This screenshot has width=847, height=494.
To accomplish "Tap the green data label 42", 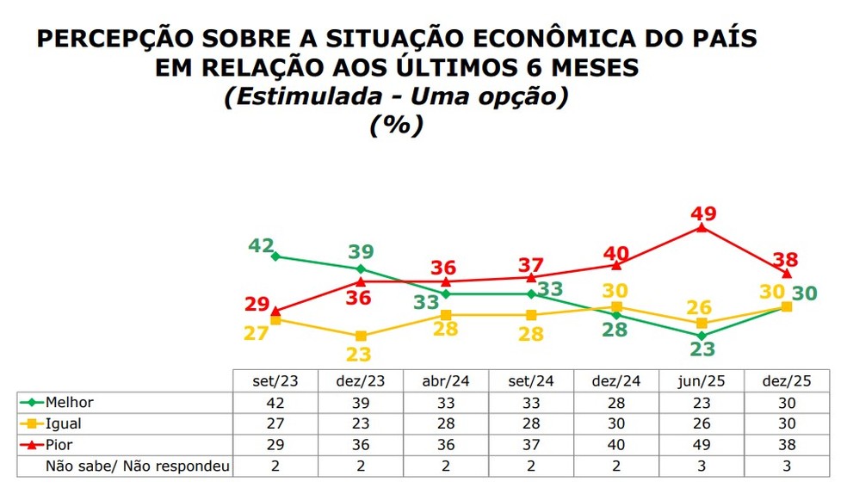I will point(261,245).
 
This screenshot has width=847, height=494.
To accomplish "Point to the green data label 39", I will point(362,252).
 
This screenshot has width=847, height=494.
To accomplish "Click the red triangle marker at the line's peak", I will point(702,228).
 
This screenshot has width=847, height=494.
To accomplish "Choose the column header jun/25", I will point(702,381).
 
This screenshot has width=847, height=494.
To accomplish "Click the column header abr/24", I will point(446,381).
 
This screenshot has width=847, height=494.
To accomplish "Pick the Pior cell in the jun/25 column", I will point(702,445).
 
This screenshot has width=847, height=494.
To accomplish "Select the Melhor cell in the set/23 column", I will point(275,402).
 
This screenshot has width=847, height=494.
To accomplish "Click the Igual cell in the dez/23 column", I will point(361,423).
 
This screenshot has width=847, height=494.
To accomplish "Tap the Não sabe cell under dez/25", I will point(787,466).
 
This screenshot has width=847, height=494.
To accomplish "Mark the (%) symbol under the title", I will point(396,125).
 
